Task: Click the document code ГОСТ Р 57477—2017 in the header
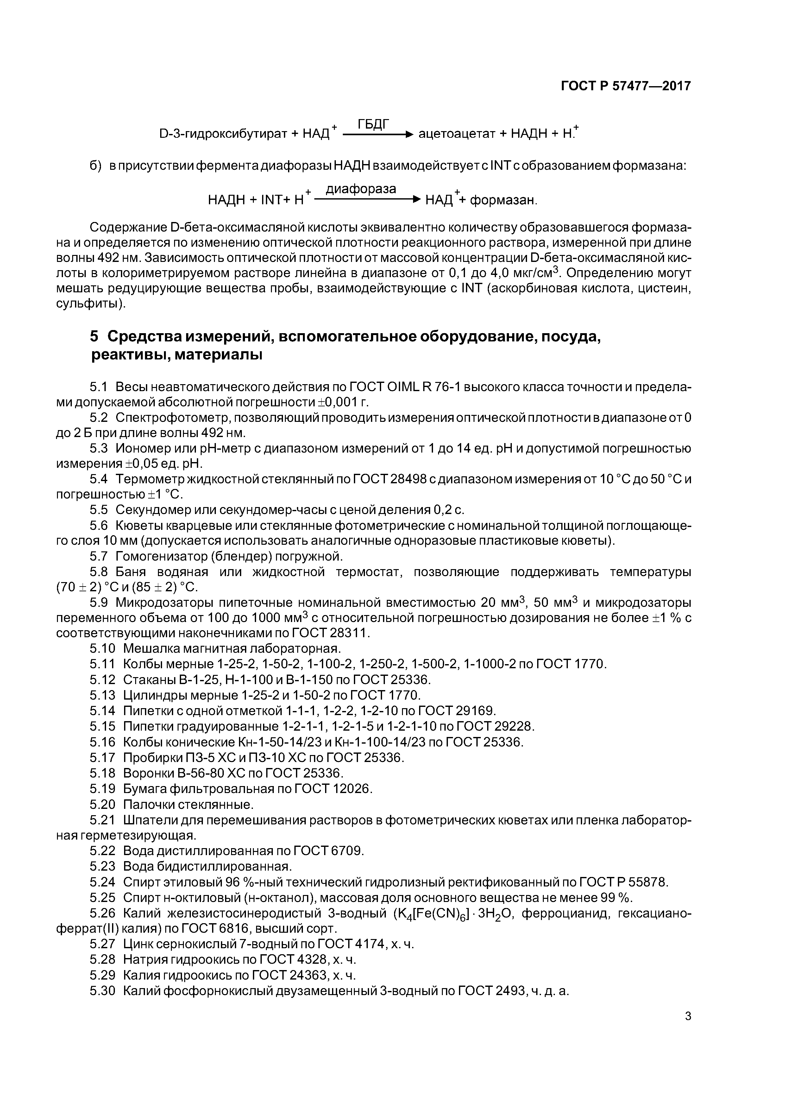pyautogui.click(x=626, y=86)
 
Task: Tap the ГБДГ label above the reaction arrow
pyautogui.click(x=374, y=124)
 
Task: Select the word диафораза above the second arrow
pyautogui.click(x=361, y=189)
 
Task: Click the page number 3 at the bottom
pyautogui.click(x=688, y=1016)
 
